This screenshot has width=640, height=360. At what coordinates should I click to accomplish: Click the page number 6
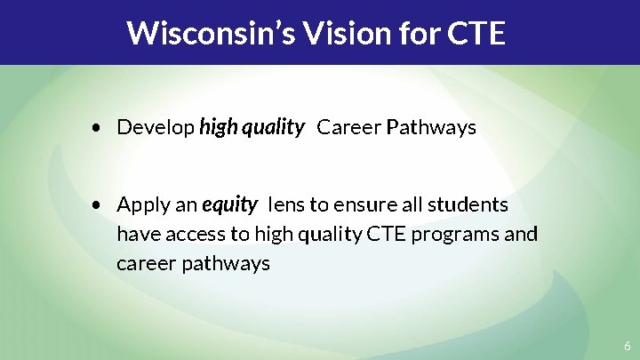627,347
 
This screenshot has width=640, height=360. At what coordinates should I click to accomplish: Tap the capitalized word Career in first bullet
348,128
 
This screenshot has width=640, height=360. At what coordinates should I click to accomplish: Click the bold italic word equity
229,205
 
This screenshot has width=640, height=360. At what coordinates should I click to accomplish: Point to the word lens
287,205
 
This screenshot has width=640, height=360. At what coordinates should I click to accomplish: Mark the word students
468,205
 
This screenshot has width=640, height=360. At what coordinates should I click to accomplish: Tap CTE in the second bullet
380,235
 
